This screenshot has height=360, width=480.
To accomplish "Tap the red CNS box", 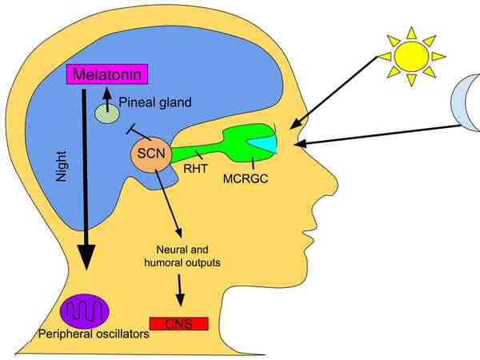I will click(x=178, y=323).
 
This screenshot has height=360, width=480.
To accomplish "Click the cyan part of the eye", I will click(x=265, y=142).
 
